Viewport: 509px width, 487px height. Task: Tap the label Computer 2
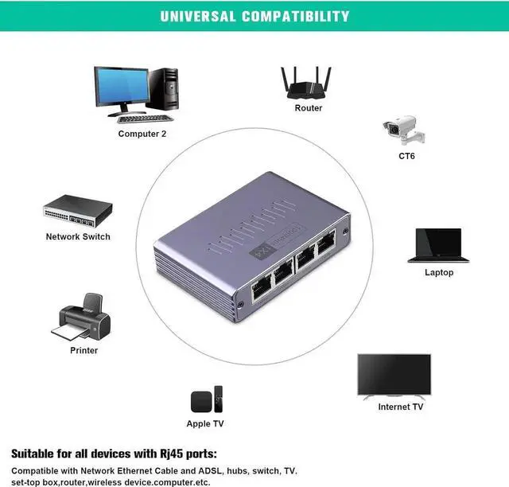tap(142, 134)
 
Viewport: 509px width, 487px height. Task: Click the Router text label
tap(309, 108)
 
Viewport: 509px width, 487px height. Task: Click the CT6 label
tap(406, 156)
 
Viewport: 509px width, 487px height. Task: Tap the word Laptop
tap(439, 273)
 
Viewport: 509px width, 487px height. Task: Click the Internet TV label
tap(400, 407)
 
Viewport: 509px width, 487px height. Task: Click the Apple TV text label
tap(205, 424)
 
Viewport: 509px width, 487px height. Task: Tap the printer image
tap(82, 318)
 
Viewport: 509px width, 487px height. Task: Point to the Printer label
tap(84, 351)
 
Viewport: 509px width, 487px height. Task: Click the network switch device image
tap(77, 212)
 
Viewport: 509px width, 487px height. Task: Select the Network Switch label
tap(78, 237)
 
